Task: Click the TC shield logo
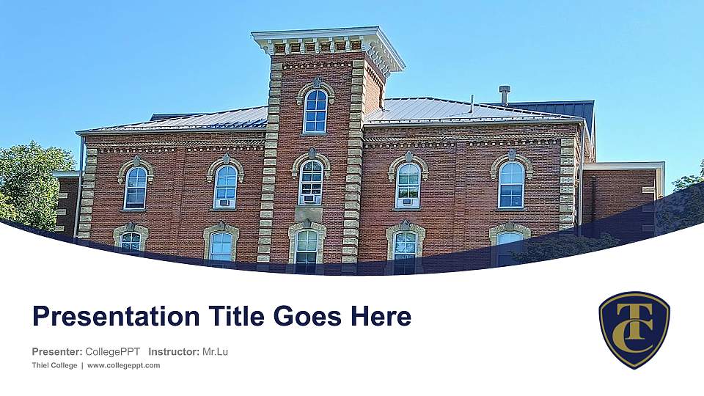(x=634, y=329)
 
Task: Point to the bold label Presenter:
(x=57, y=352)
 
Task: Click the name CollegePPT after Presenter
(x=113, y=352)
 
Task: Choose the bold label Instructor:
(x=173, y=352)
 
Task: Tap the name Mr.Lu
(x=215, y=352)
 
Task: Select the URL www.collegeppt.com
(x=123, y=365)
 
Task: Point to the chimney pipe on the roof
(x=504, y=94)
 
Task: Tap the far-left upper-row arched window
(x=136, y=187)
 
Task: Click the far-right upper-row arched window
(x=511, y=184)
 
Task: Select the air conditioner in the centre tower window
(x=310, y=199)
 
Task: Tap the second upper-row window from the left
(x=225, y=186)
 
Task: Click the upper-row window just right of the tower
(x=408, y=185)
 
